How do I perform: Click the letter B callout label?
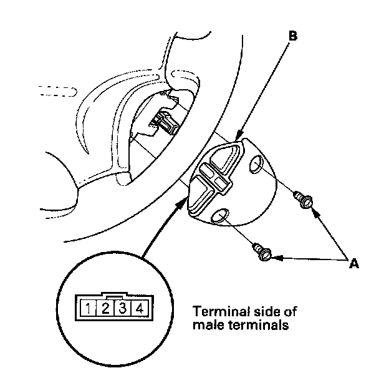coord(293,36)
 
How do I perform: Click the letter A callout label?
coord(354,264)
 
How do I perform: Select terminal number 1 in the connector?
coord(90,308)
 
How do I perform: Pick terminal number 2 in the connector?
coord(107,308)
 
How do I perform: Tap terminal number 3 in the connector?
coord(123,308)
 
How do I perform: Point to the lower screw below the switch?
coord(262,251)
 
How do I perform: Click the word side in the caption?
coord(261,311)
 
